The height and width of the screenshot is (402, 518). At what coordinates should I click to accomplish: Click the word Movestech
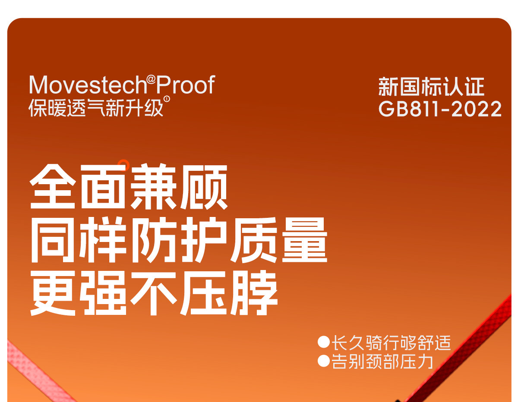coord(88,85)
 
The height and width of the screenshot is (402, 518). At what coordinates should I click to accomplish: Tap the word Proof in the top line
coord(185,85)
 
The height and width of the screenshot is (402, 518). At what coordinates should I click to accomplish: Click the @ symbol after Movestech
coord(151,79)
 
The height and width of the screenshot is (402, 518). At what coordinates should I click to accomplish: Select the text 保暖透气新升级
coord(95,108)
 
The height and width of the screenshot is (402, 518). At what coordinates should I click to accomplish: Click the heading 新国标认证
coord(431,86)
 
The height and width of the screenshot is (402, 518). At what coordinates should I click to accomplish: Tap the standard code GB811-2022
coord(440,109)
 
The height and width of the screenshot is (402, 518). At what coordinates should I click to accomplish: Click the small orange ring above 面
coord(123,165)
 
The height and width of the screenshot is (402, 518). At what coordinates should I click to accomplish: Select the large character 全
coord(53,186)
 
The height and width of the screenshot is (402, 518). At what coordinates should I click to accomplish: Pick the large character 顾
coord(204,186)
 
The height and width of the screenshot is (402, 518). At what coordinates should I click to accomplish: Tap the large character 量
coord(304,240)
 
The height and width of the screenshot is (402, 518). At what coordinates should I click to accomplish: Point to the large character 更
coord(53,293)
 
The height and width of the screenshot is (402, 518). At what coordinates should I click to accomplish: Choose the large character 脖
coord(254,293)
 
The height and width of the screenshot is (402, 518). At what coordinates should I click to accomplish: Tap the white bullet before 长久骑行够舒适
coord(323,342)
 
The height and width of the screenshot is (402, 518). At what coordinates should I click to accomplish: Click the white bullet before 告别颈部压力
coord(323,361)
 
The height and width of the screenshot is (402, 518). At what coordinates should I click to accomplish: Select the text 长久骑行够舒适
coord(391,343)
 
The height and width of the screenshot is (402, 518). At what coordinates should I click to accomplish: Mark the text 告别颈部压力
coord(382,361)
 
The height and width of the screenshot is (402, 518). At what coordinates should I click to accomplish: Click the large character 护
coord(204,240)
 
